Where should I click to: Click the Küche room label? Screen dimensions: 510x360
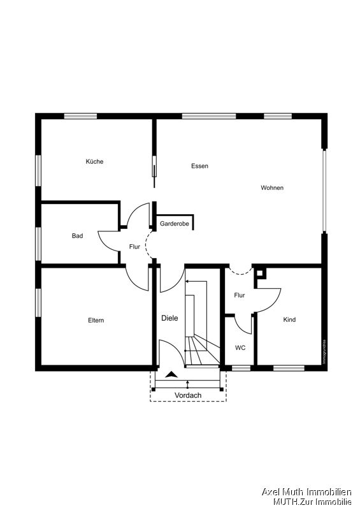(94, 161)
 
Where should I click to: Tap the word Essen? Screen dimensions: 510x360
(199, 166)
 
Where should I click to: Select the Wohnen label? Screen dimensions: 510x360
(272, 187)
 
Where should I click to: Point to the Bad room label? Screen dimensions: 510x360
(77, 236)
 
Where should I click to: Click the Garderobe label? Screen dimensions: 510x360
(174, 224)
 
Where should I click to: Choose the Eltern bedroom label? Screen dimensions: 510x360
(96, 320)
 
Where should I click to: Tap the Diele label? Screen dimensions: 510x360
(169, 318)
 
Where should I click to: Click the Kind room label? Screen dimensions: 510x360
(289, 319)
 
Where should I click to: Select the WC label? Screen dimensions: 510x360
(240, 347)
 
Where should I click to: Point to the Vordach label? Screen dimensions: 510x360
(188, 395)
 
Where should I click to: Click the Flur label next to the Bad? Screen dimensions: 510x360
(134, 246)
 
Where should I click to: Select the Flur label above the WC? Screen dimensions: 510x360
(240, 295)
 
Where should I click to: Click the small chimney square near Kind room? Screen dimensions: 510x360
(261, 273)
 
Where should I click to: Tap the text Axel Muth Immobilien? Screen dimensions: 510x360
(306, 492)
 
